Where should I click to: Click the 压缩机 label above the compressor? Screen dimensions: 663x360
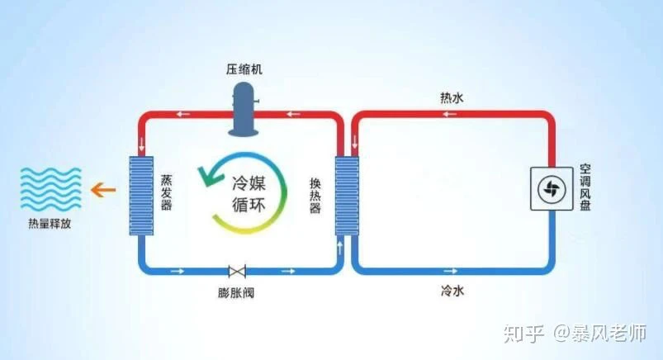click(244, 69)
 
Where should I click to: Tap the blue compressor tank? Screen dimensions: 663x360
click(244, 110)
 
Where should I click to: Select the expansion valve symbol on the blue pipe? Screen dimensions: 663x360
click(237, 271)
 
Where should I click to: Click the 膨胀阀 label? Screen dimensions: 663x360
click(236, 293)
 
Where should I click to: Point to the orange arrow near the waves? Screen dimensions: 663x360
click(103, 190)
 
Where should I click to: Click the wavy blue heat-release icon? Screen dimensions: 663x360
click(50, 189)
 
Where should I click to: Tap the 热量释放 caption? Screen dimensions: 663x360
click(50, 224)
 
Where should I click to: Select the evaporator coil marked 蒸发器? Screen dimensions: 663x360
click(141, 196)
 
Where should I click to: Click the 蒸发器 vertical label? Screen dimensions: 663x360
click(166, 192)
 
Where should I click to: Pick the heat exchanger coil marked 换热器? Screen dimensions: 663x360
click(347, 196)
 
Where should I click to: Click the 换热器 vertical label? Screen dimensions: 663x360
click(315, 196)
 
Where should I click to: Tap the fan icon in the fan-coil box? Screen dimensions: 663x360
click(552, 189)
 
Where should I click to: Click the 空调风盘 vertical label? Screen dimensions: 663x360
click(585, 187)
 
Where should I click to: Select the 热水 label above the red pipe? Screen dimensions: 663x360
click(452, 98)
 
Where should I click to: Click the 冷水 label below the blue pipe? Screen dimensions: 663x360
click(452, 291)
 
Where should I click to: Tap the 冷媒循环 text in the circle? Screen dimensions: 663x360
click(249, 194)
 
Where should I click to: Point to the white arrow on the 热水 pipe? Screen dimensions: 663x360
click(449, 114)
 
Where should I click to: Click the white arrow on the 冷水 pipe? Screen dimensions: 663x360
click(450, 271)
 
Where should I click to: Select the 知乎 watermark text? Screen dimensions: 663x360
click(523, 334)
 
